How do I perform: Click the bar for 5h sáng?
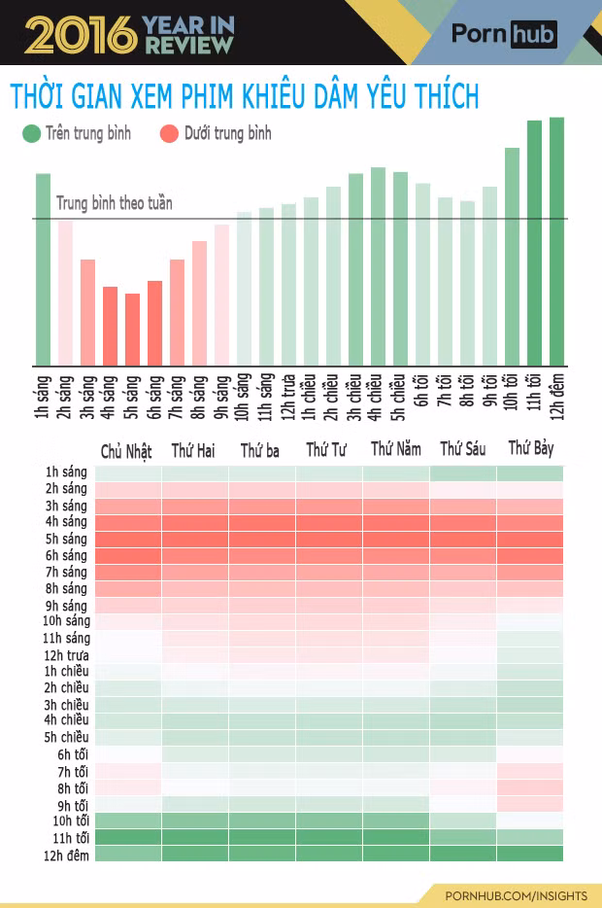[132, 330]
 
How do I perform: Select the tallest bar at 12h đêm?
[556, 241]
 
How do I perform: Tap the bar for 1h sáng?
[44, 270]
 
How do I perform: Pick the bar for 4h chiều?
[379, 266]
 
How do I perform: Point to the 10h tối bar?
[512, 257]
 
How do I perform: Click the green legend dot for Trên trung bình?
[31, 133]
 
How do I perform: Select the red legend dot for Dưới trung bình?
[169, 133]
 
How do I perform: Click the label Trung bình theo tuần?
[115, 203]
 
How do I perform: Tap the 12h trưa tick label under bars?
[287, 398]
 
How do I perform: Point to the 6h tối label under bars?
[421, 391]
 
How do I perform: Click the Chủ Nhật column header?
[126, 451]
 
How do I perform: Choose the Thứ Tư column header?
[326, 449]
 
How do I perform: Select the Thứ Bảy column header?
[531, 448]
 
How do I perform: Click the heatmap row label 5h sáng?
[66, 540]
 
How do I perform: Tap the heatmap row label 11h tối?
[71, 838]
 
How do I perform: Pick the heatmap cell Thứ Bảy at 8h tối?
[530, 787]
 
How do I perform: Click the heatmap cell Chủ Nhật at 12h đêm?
[128, 854]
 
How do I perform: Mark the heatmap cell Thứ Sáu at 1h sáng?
[462, 473]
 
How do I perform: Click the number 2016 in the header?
[81, 35]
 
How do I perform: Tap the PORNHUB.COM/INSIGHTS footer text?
[516, 895]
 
